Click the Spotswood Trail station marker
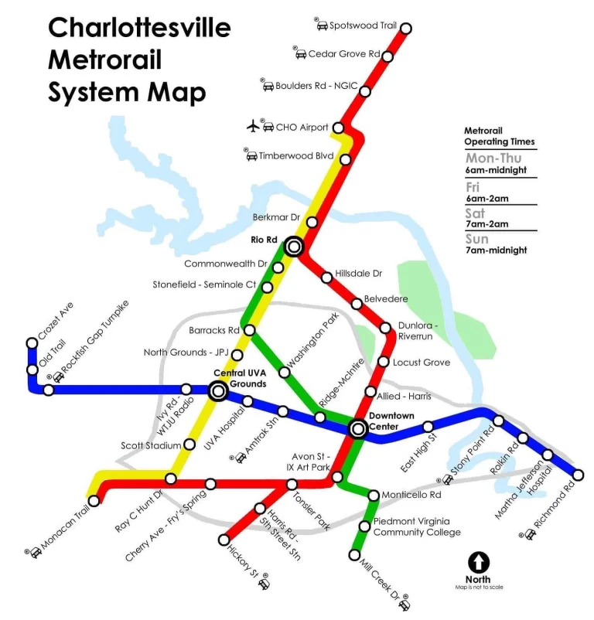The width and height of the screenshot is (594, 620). [x=405, y=28]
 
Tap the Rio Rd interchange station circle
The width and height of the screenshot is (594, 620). [x=293, y=247]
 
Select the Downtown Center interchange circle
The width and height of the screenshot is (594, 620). [x=358, y=428]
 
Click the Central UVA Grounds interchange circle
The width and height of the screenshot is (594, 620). [x=218, y=392]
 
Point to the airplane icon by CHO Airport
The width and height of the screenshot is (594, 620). [x=253, y=125]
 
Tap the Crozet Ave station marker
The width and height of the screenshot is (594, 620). [x=32, y=342]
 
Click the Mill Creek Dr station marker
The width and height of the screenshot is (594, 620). [x=355, y=555]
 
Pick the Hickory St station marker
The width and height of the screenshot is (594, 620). [x=224, y=540]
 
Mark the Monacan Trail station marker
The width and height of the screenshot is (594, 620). [x=94, y=501]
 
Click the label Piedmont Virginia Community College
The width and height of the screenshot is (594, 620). [x=417, y=526]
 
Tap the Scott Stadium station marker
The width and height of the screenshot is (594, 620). [x=189, y=445]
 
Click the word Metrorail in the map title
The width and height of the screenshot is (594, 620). [x=107, y=60]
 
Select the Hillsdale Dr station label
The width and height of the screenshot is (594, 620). [x=358, y=274]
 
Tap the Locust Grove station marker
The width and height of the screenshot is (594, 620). [x=383, y=362]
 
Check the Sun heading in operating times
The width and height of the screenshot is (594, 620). [x=476, y=239]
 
